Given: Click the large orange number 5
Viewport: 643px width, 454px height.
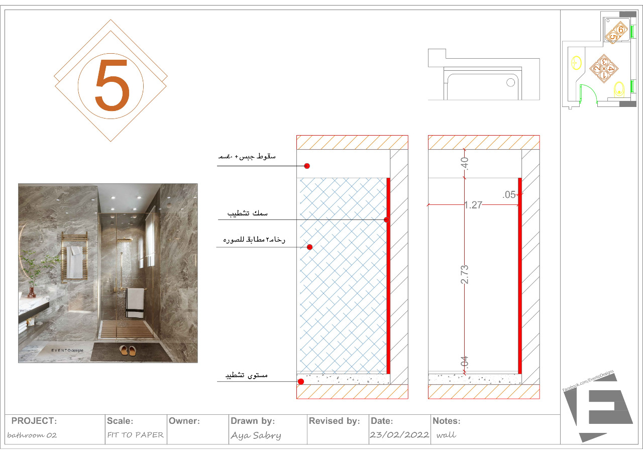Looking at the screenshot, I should pyautogui.click(x=112, y=85).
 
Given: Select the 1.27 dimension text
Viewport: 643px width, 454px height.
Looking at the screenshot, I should pyautogui.click(x=473, y=205).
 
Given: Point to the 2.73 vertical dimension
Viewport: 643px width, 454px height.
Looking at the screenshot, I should pyautogui.click(x=465, y=275).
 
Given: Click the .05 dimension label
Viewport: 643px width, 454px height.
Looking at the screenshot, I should pyautogui.click(x=509, y=195).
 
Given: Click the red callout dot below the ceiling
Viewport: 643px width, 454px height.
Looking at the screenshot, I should pyautogui.click(x=307, y=166).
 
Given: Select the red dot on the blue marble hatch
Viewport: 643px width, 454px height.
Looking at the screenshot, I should pyautogui.click(x=309, y=247).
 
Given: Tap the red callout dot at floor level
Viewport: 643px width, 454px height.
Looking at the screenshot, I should pyautogui.click(x=300, y=382).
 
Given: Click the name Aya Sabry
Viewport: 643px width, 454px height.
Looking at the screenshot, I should pyautogui.click(x=256, y=435).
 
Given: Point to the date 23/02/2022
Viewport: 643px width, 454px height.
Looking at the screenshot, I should pyautogui.click(x=399, y=435).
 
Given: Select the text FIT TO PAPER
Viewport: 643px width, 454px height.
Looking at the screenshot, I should pyautogui.click(x=135, y=435).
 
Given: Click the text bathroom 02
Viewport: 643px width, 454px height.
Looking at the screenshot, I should pyautogui.click(x=33, y=435).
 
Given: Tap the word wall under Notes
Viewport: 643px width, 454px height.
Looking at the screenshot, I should pyautogui.click(x=446, y=435).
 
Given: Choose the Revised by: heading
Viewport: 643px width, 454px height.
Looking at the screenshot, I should pyautogui.click(x=334, y=421).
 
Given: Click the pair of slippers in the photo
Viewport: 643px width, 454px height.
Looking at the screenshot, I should pyautogui.click(x=128, y=351).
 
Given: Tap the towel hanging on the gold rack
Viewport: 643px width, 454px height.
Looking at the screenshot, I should pyautogui.click(x=74, y=262).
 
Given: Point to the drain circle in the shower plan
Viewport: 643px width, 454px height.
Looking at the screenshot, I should pyautogui.click(x=511, y=82).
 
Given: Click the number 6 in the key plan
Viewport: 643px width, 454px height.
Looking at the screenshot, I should pyautogui.click(x=621, y=30).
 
